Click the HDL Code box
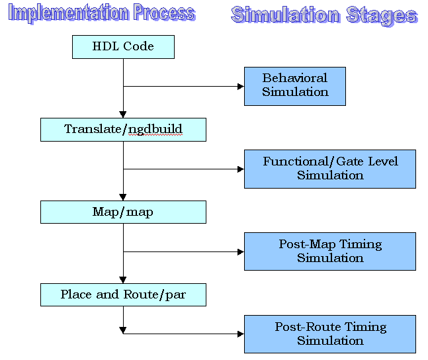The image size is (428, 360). pyautogui.click(x=123, y=47)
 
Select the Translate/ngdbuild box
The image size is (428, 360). pyautogui.click(x=123, y=130)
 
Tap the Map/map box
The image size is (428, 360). pyautogui.click(x=123, y=212)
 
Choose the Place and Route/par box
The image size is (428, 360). pyautogui.click(x=123, y=294)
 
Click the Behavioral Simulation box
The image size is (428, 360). pyautogui.click(x=295, y=86)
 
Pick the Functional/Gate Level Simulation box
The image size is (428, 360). pyautogui.click(x=330, y=169)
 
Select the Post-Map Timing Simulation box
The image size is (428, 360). pyautogui.click(x=330, y=251)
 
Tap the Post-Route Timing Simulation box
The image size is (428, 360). pyautogui.click(x=330, y=334)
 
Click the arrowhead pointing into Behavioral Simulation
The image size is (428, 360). pyautogui.click(x=241, y=86)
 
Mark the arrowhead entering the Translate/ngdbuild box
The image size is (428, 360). pyautogui.click(x=123, y=115)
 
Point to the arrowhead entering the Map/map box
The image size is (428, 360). pyautogui.click(x=123, y=197)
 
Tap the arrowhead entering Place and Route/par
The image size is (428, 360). pyautogui.click(x=123, y=280)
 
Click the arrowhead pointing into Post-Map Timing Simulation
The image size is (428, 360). pyautogui.click(x=241, y=251)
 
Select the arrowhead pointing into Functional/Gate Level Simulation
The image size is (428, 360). pyautogui.click(x=241, y=169)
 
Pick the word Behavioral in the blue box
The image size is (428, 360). pyautogui.click(x=295, y=78)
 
